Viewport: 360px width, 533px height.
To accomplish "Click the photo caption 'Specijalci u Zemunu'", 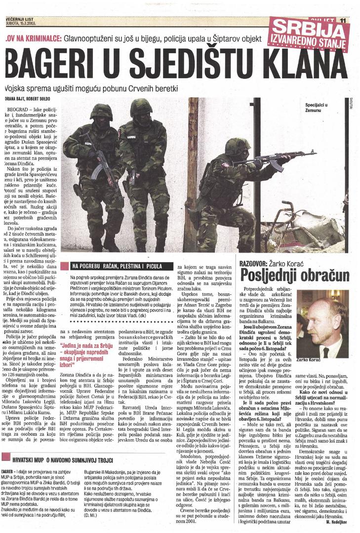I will pos(317,109).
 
